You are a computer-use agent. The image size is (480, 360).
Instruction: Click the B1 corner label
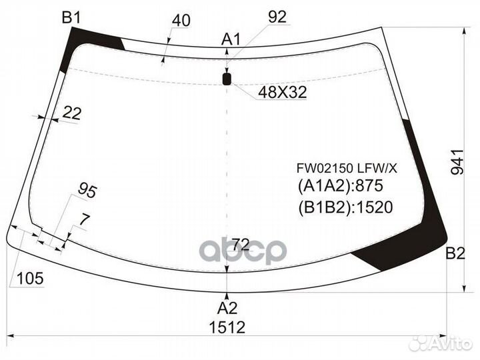point(71,17)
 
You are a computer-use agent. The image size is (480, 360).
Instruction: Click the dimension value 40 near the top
point(181,21)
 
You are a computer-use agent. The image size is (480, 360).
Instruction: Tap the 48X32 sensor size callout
point(283,93)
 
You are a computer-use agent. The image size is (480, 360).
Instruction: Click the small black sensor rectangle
point(227,80)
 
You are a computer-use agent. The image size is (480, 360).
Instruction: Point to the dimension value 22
point(71,114)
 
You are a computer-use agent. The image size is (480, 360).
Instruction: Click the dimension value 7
point(84,218)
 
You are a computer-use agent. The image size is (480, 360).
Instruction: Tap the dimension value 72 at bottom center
point(241,241)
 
